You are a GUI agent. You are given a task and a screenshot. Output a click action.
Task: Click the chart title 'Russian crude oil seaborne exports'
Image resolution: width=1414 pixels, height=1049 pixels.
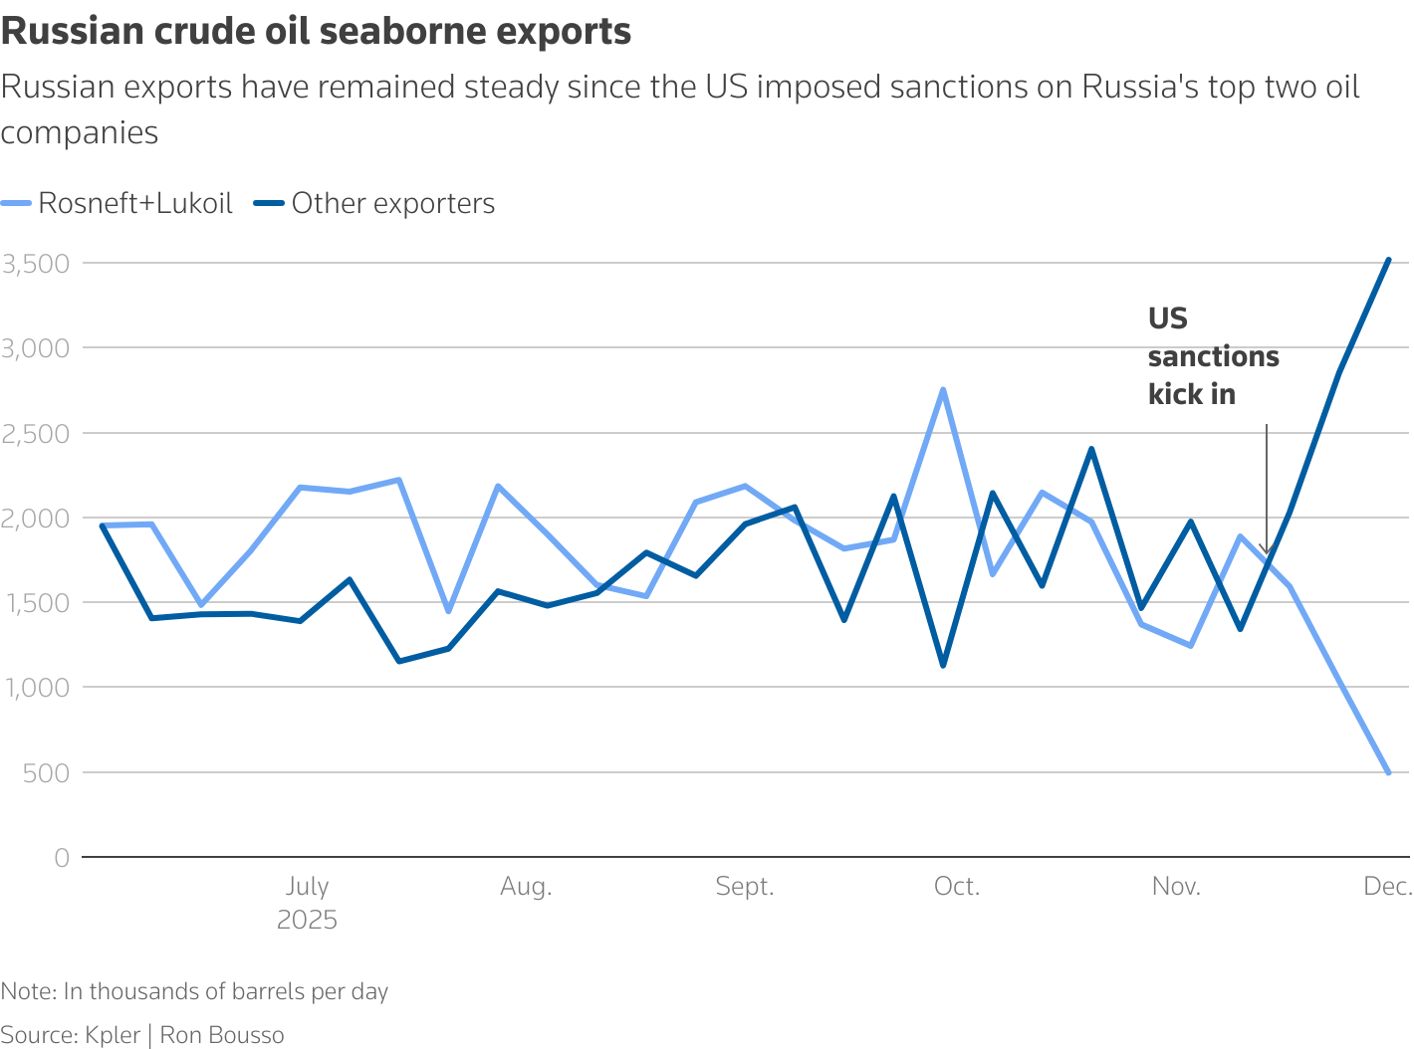click(x=317, y=32)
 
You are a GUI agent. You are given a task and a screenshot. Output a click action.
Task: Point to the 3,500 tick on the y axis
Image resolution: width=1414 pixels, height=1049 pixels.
click(x=36, y=264)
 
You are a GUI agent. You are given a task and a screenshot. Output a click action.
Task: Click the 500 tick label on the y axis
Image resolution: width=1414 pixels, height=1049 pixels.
click(x=47, y=772)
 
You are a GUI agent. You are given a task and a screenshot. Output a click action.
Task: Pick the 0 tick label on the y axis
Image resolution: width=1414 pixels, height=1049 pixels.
click(x=62, y=858)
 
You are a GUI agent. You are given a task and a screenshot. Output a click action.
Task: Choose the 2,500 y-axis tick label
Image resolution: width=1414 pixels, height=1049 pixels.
click(x=36, y=434)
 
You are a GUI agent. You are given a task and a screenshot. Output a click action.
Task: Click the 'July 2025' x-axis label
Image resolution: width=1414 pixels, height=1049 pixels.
click(x=307, y=902)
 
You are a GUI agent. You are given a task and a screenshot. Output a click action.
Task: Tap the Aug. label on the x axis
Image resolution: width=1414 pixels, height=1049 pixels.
click(x=526, y=887)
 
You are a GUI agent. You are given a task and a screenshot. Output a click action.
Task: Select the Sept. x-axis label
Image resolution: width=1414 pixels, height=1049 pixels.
click(x=745, y=887)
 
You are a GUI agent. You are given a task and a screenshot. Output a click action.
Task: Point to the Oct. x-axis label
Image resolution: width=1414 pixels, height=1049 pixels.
click(x=957, y=887)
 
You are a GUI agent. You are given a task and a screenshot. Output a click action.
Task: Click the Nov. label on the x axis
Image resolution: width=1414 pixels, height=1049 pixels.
click(x=1176, y=887)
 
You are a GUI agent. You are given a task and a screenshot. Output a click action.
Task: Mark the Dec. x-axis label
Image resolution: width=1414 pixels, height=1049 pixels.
click(x=1388, y=887)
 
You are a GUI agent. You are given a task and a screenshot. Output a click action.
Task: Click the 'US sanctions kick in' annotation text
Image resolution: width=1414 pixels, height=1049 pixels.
click(x=1212, y=356)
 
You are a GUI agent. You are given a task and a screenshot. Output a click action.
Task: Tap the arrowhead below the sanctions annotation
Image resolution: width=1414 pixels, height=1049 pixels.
click(x=1267, y=550)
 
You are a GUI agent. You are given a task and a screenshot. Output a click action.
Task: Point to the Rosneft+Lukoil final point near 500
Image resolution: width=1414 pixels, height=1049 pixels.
click(x=1388, y=772)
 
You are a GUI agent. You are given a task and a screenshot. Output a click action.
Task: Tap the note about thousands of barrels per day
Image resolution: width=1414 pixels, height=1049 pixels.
click(x=194, y=991)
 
